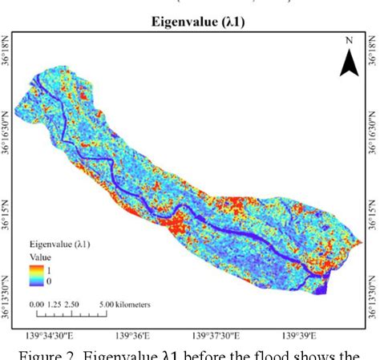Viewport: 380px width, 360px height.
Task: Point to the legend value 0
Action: point(51,281)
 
